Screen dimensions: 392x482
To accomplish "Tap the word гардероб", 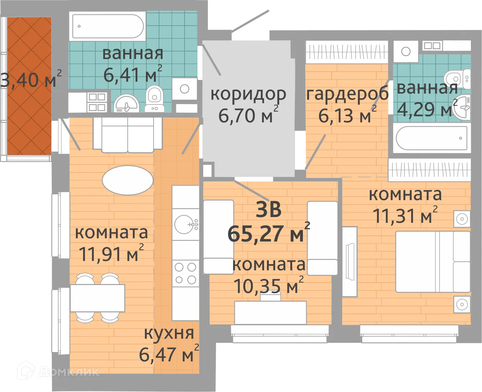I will [347, 94].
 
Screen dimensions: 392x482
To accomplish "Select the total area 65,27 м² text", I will [268, 234].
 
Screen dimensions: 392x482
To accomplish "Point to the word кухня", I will [169, 333].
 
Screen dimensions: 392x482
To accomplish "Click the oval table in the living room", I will [128, 180].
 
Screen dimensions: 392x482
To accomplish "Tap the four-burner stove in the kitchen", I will [185, 273].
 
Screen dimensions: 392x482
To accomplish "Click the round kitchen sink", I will [185, 224].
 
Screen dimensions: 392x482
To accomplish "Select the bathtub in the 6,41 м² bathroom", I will [108, 26].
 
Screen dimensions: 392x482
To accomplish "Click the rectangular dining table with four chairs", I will [97, 298].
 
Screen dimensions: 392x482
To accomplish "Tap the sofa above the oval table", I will [127, 135].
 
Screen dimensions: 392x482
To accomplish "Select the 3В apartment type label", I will [268, 209].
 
